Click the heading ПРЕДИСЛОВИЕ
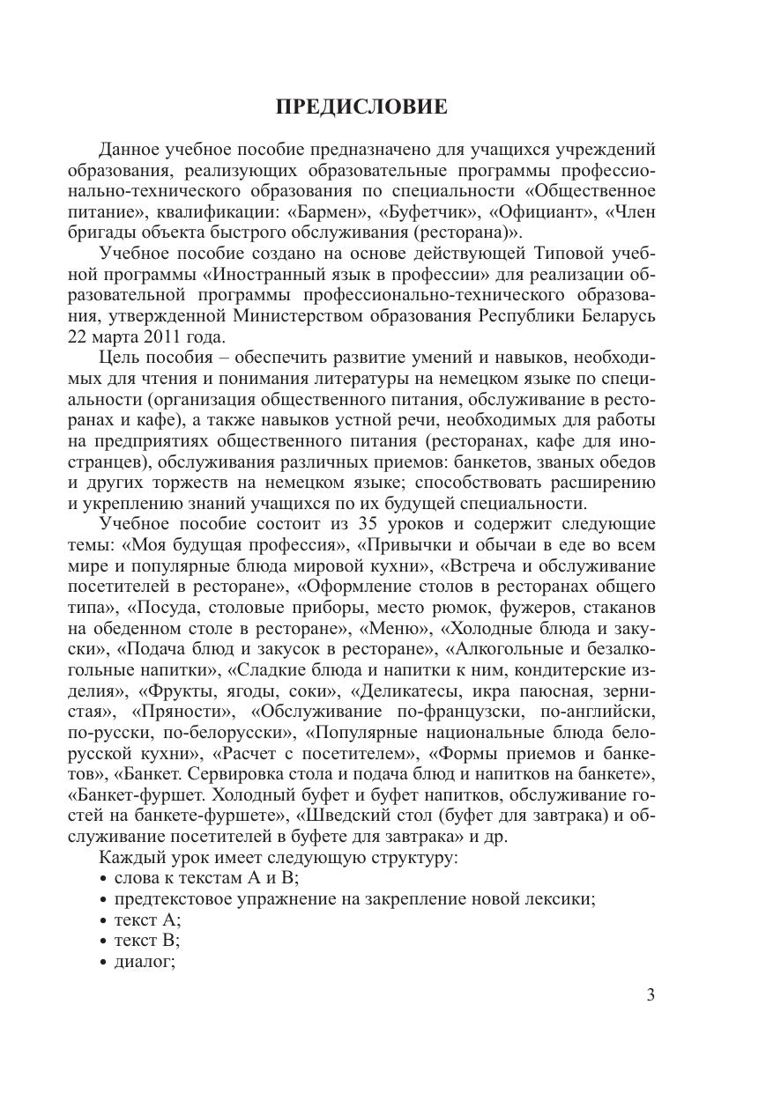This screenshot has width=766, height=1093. [361, 107]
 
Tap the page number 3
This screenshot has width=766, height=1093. [651, 995]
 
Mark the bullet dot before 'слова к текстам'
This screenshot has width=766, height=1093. [104, 878]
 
